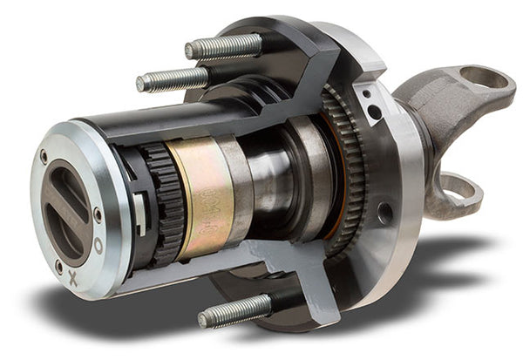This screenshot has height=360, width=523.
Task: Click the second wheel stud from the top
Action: pos(170,80)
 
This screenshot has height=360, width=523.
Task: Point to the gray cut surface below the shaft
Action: pos(261,262)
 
